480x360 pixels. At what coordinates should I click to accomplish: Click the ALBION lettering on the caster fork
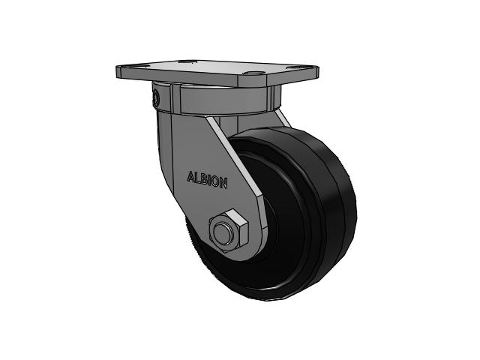(207, 180)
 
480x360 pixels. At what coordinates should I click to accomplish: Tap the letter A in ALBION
(190, 177)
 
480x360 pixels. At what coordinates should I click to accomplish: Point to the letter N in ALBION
(224, 184)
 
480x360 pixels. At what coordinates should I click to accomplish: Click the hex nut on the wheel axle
(228, 231)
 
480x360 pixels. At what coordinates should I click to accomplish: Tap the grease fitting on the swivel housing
(155, 97)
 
